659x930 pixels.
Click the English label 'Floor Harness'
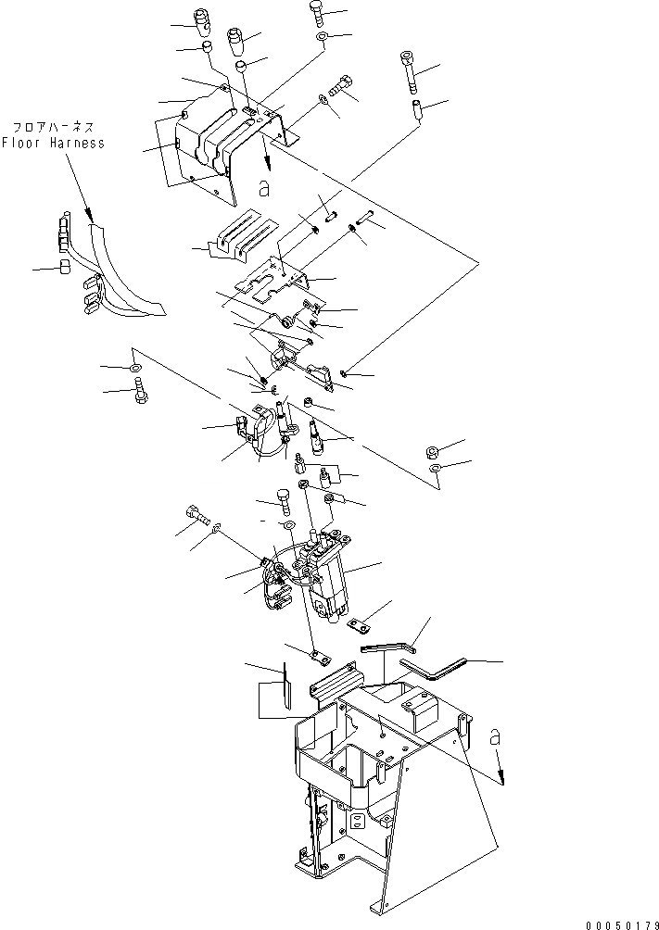(53, 143)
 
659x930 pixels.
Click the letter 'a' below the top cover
(264, 189)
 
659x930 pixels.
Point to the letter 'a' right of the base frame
(494, 736)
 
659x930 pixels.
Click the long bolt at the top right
(409, 69)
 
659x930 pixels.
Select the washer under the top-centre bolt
(321, 37)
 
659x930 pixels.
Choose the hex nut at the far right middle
(432, 452)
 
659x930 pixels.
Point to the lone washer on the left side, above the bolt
(136, 370)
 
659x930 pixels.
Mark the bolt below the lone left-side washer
(139, 395)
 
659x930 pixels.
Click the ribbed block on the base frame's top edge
(332, 681)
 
